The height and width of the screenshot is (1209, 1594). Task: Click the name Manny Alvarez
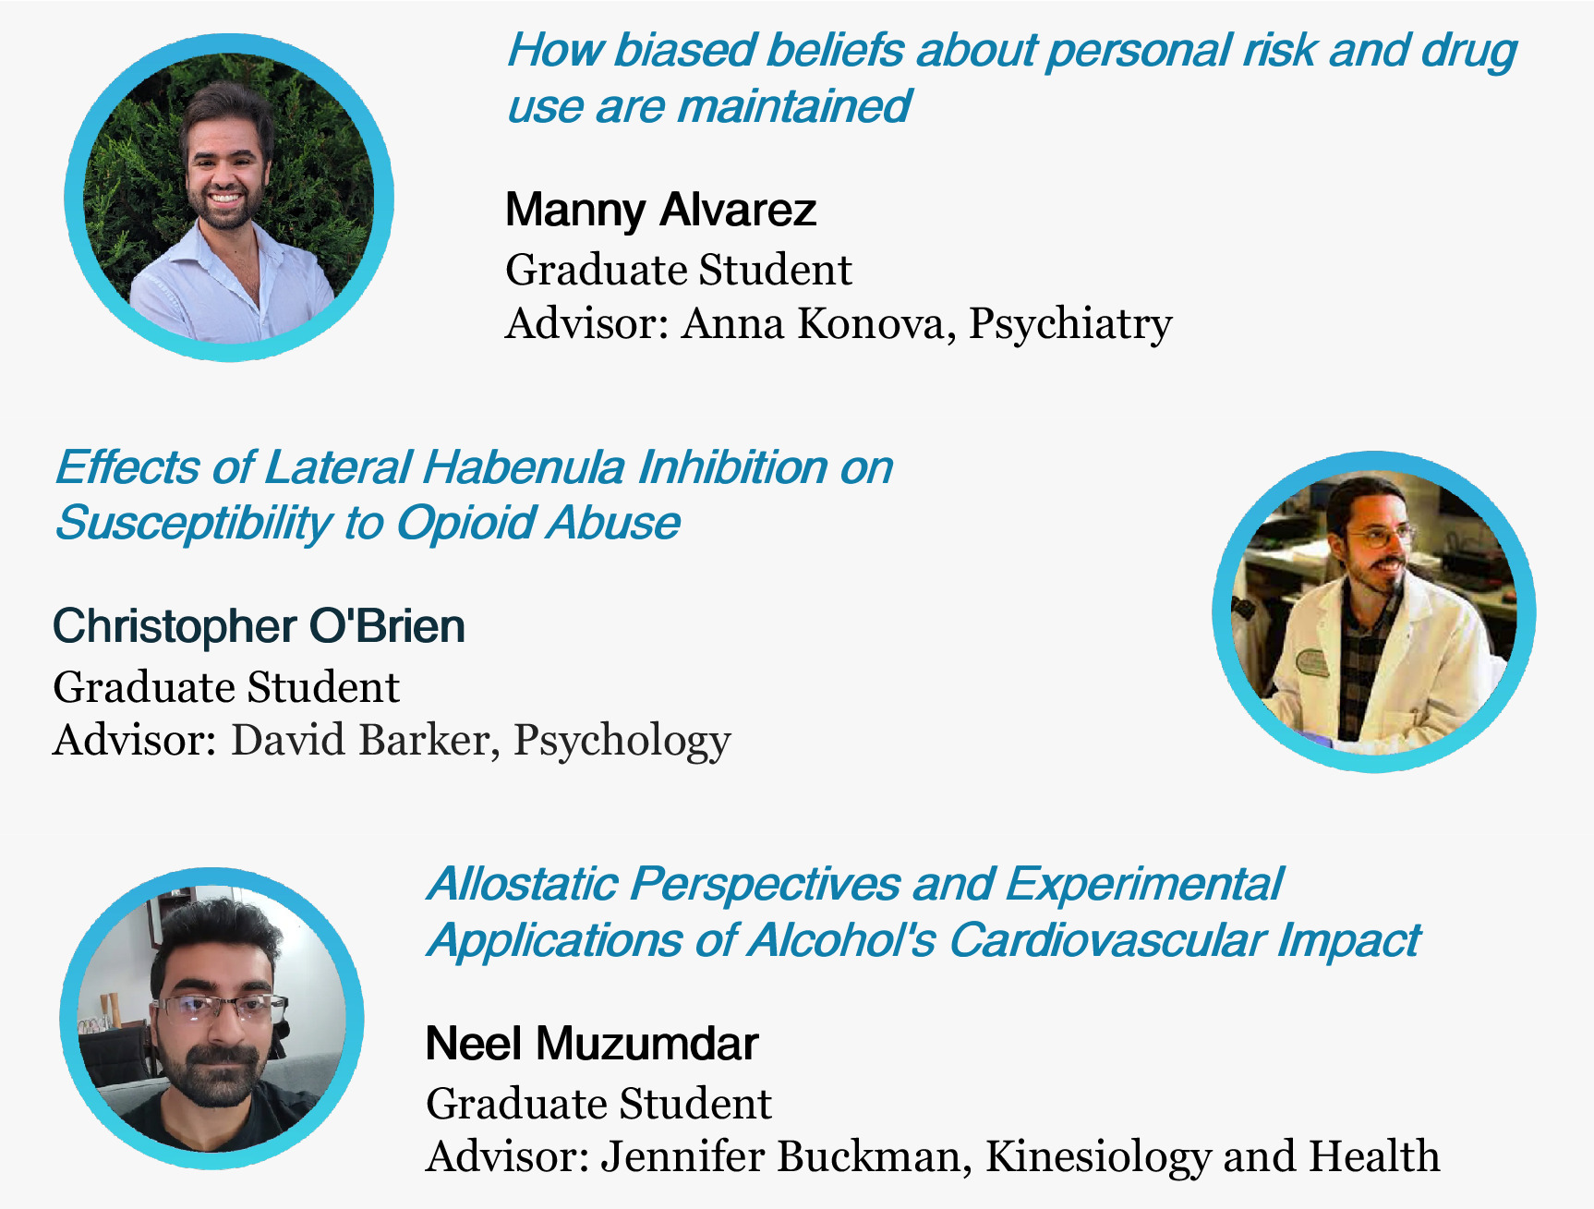(x=660, y=210)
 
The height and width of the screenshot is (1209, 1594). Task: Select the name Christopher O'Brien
(x=259, y=626)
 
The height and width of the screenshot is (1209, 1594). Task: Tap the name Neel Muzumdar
(x=591, y=1044)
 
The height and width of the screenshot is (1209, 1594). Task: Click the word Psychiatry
(x=1069, y=324)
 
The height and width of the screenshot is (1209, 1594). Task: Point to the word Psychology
(x=622, y=741)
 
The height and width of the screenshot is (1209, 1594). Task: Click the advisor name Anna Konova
(x=812, y=324)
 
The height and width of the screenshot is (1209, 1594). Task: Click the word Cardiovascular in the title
(x=1105, y=941)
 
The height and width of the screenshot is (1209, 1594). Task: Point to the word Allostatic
(x=522, y=885)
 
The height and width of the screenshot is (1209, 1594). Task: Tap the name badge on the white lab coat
(x=1312, y=662)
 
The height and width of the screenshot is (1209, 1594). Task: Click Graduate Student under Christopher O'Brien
(x=226, y=688)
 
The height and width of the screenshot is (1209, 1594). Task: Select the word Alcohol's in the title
(x=841, y=941)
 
